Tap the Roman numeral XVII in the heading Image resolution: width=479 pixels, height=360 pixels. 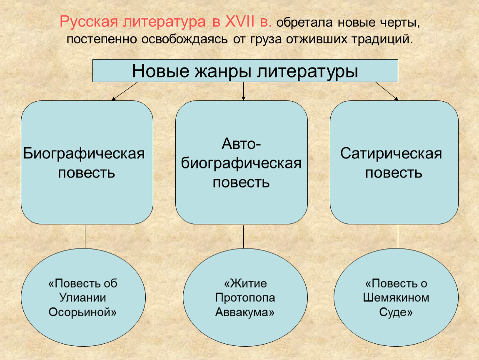[240, 21]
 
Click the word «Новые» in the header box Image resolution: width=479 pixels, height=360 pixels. [161, 71]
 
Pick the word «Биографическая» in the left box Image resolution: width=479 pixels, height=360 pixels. [84, 153]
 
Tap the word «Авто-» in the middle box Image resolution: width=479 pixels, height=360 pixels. [241, 143]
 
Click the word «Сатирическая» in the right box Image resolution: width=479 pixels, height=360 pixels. [391, 153]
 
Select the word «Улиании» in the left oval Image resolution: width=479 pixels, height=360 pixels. [83, 297]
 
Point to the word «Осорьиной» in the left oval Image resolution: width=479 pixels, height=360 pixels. [82, 312]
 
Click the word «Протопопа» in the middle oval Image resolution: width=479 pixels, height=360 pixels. [245, 297]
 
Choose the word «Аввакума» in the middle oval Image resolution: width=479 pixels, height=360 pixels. [244, 312]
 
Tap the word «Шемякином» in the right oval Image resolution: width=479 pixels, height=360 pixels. [396, 297]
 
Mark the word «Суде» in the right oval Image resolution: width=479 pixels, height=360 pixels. [396, 312]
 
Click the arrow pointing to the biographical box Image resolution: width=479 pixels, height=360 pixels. [125, 91]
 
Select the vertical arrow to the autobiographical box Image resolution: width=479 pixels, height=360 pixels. [244, 91]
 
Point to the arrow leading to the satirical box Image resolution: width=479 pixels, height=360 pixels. [387, 91]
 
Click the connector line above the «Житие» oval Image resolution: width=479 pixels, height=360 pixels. [244, 236]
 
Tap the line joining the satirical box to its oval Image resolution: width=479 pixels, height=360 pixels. [398, 236]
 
